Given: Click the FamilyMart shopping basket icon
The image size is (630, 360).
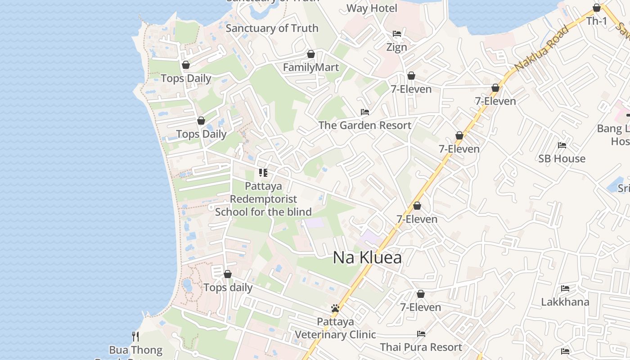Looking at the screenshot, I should (x=310, y=54).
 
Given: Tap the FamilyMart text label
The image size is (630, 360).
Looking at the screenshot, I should (x=310, y=67).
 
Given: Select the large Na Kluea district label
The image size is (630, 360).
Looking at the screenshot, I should (x=367, y=257).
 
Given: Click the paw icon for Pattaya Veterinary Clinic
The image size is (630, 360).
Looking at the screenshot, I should (x=335, y=308).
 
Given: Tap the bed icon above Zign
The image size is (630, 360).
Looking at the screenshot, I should (x=397, y=34).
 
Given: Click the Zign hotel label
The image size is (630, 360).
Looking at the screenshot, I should (x=397, y=47).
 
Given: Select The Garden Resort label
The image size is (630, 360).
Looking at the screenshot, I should (x=365, y=125).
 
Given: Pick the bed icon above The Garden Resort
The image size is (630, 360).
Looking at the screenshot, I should (x=365, y=112).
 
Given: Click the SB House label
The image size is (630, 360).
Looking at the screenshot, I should (x=562, y=158).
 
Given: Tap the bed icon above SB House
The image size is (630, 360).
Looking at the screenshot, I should (x=562, y=145).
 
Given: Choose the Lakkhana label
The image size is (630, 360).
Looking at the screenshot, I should (x=565, y=301).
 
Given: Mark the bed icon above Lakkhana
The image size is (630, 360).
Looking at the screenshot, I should (x=565, y=288).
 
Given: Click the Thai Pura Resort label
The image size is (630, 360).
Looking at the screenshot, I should (x=421, y=347).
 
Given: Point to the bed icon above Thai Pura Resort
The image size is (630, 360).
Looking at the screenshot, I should (x=421, y=334).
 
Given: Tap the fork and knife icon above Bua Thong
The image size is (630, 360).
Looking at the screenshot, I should (x=135, y=336).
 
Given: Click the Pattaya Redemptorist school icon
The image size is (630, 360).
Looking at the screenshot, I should (x=263, y=172).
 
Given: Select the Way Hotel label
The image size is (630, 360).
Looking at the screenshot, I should (x=372, y=8).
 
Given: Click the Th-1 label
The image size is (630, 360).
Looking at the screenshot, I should (x=597, y=21).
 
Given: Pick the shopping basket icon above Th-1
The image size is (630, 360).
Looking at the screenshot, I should (x=597, y=8).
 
